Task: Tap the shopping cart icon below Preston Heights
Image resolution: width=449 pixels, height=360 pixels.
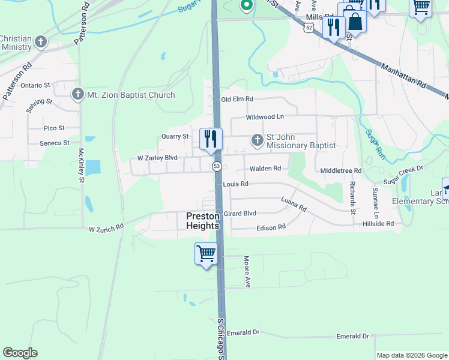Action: click(x=206, y=253)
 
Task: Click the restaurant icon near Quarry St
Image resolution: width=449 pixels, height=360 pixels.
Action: click(x=211, y=139)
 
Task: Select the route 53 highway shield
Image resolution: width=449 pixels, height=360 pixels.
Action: click(x=217, y=166)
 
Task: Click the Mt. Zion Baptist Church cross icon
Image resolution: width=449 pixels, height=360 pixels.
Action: click(x=77, y=95)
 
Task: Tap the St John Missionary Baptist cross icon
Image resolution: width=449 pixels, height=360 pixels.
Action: click(x=257, y=140)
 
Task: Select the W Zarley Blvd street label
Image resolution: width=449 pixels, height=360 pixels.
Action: click(x=157, y=158)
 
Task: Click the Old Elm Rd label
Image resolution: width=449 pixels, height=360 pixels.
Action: click(x=237, y=99)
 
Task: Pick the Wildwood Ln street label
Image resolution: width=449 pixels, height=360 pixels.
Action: click(x=264, y=117)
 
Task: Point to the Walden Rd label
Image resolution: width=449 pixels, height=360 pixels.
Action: click(x=265, y=169)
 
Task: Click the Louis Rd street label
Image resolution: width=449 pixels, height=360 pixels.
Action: click(x=235, y=184)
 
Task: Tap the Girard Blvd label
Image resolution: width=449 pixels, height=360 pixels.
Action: click(x=240, y=213)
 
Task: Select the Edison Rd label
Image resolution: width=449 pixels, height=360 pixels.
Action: click(x=271, y=228)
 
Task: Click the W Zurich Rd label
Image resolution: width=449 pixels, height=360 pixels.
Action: click(x=106, y=228)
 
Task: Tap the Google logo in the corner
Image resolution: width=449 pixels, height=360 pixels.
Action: click(x=20, y=353)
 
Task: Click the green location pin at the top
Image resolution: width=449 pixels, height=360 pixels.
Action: click(x=246, y=5)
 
